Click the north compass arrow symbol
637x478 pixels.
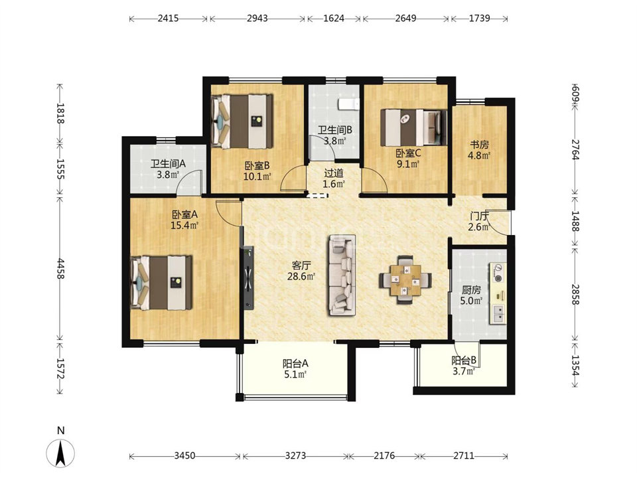[x=60, y=453]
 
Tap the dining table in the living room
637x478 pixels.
[x=405, y=280]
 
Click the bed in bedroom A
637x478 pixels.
[x=161, y=283]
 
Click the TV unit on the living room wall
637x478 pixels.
[x=248, y=278]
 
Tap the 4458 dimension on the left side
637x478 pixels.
[x=60, y=269]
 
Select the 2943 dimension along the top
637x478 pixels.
[x=257, y=19]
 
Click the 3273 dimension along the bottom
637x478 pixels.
[x=295, y=455]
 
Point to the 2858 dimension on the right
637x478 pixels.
[x=575, y=294]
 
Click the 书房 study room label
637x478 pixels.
[x=479, y=145]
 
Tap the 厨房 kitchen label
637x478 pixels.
[x=471, y=290]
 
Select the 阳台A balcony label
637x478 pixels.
[x=295, y=363]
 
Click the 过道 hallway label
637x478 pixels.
[x=334, y=173]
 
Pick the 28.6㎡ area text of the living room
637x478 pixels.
[x=301, y=277]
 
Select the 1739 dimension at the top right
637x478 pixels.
[x=479, y=19]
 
